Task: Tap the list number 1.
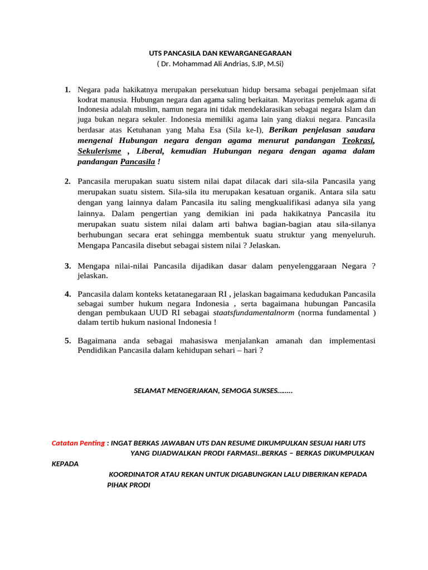point(67,90)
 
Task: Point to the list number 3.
point(67,266)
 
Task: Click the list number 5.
point(67,341)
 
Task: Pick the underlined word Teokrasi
point(358,141)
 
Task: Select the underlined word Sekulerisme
point(99,151)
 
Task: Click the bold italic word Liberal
point(149,151)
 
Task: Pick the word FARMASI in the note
point(244,453)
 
